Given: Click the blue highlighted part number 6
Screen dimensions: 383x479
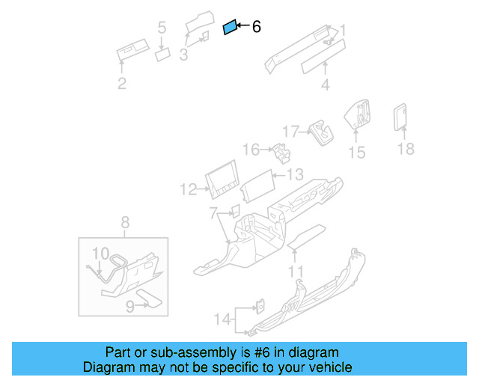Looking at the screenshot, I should [x=231, y=28].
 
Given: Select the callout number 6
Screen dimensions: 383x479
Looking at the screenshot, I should [x=256, y=28].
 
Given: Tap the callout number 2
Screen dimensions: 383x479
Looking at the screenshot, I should [x=122, y=84].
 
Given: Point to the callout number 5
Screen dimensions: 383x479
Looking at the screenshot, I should [x=162, y=28].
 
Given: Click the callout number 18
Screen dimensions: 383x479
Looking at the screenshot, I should [x=405, y=149].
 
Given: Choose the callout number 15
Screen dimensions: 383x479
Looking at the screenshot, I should [x=357, y=153].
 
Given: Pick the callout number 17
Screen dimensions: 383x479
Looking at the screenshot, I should [x=290, y=130].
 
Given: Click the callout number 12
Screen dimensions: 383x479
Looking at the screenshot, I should [x=187, y=190].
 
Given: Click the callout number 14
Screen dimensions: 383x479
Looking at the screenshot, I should [x=221, y=319].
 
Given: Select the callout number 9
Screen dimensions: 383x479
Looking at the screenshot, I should [x=129, y=305].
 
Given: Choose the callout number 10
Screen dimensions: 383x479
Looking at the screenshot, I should [x=100, y=253].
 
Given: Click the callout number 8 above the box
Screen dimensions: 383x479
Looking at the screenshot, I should [x=125, y=221].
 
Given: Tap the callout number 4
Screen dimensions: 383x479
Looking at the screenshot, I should [x=325, y=85].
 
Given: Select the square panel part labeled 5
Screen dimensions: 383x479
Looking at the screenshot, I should [x=162, y=54].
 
